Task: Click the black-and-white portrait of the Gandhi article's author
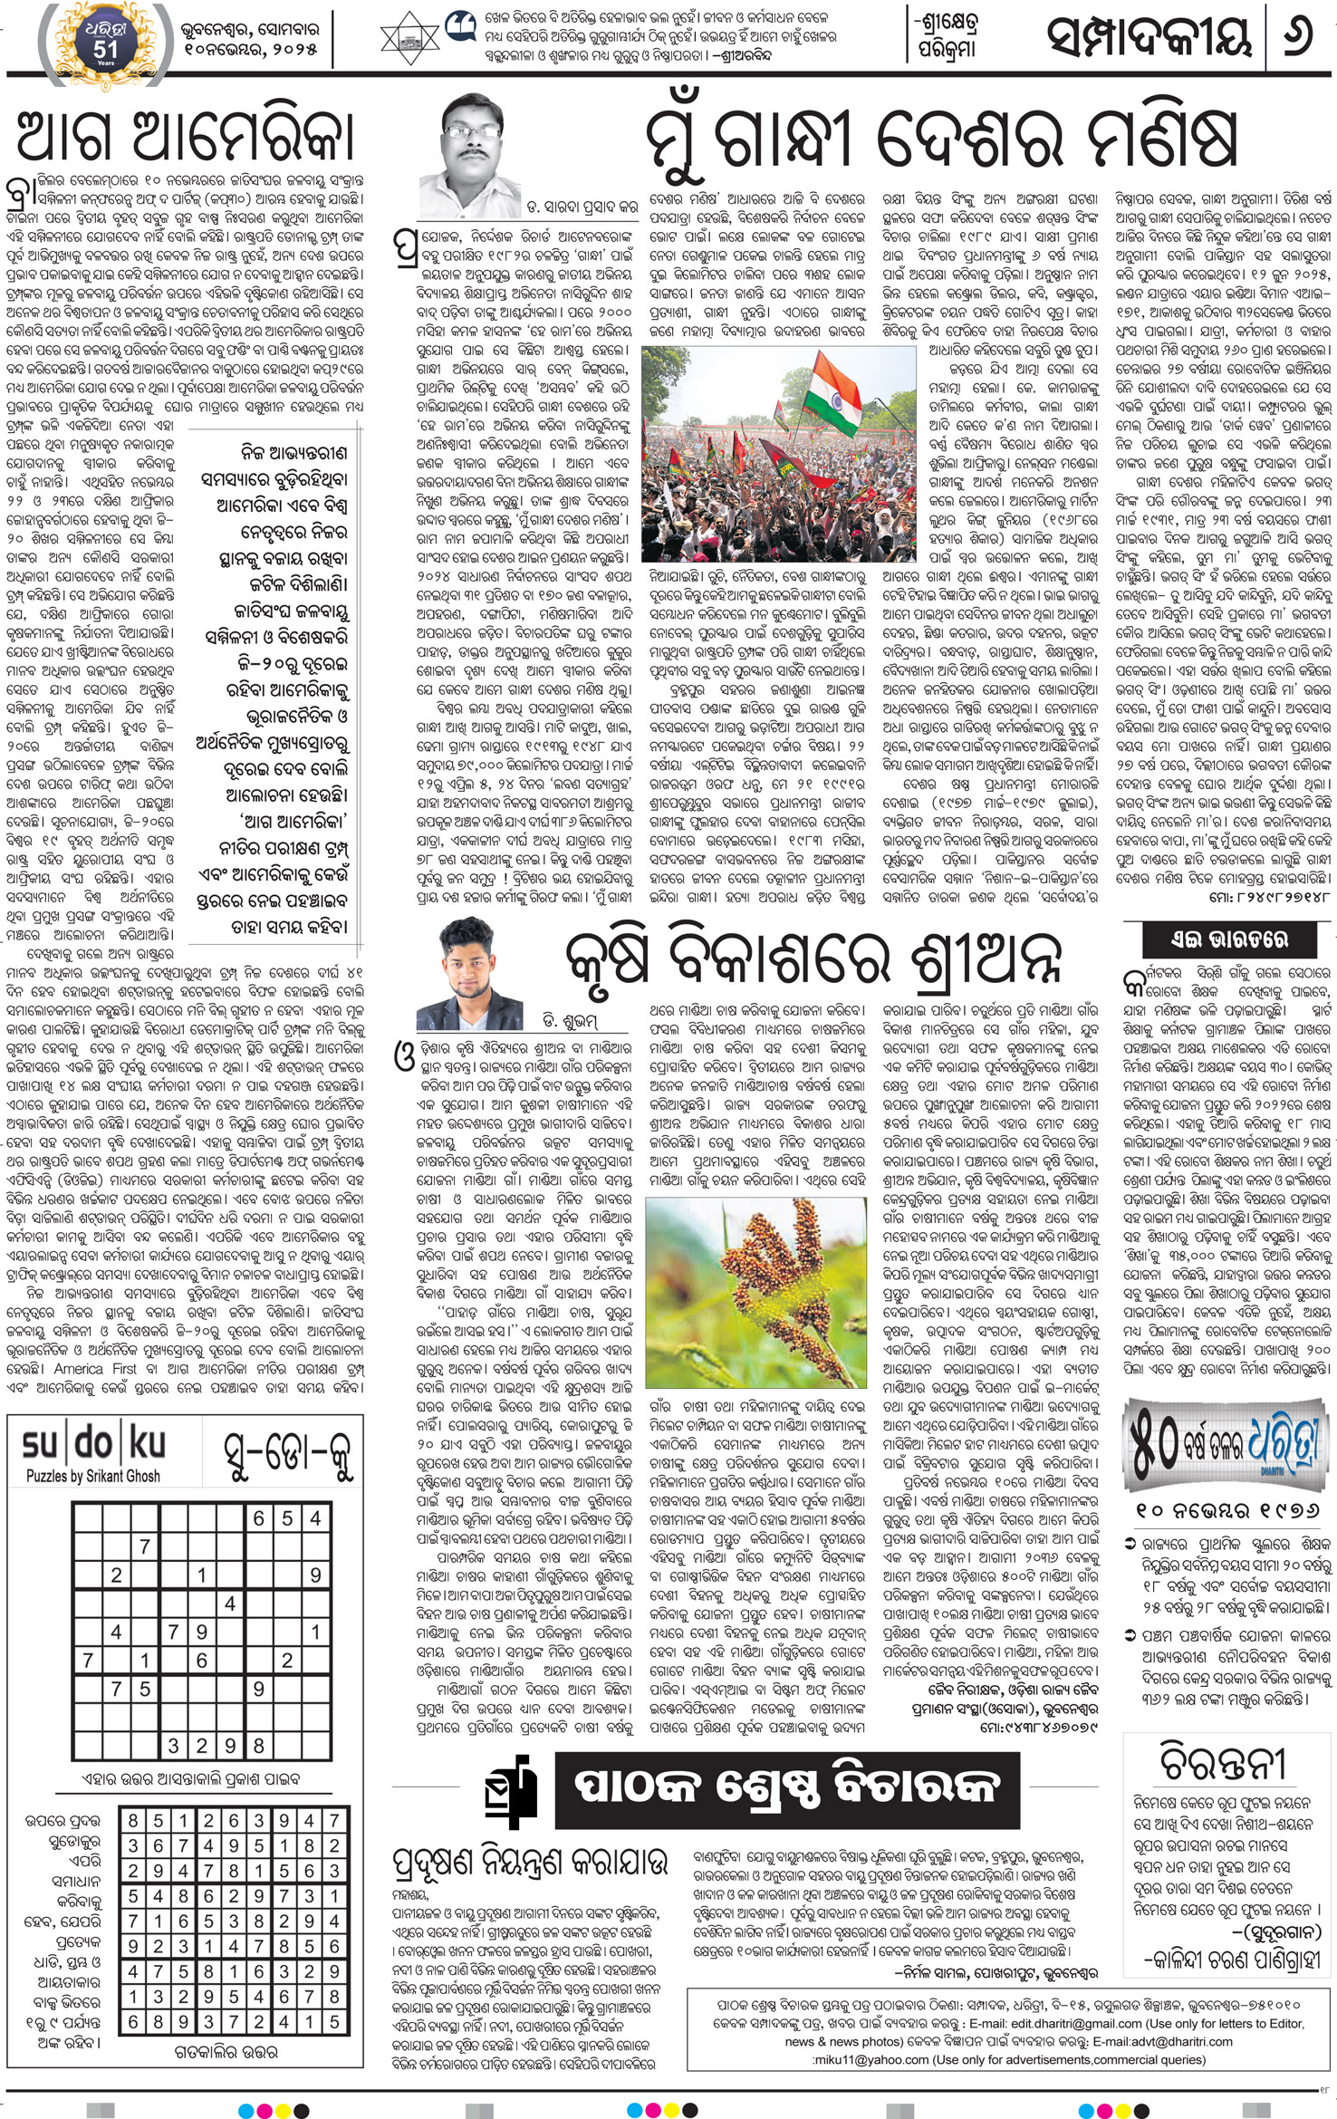coord(466,154)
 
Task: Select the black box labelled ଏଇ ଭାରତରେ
coord(1228,939)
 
